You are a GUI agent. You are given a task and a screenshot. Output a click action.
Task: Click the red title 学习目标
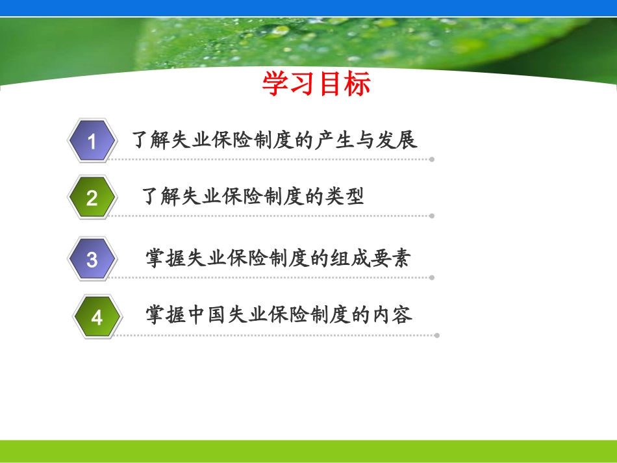(316, 83)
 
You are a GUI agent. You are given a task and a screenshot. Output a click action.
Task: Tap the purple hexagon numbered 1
(92, 140)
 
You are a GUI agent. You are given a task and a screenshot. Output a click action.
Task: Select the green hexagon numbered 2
(92, 197)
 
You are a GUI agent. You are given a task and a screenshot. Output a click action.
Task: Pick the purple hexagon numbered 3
(92, 259)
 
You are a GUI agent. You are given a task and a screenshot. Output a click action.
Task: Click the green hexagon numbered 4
(97, 317)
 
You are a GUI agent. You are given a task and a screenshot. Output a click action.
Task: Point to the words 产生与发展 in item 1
(366, 140)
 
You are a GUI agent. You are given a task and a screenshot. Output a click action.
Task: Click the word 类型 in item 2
(344, 196)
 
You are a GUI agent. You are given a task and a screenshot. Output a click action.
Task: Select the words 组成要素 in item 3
(370, 258)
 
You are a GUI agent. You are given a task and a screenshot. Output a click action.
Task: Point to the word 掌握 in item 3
(166, 258)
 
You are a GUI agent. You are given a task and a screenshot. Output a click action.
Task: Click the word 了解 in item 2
(161, 196)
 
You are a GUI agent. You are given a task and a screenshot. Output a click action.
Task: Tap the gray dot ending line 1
(432, 159)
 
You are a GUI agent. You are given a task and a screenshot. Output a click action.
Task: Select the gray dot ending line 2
(432, 216)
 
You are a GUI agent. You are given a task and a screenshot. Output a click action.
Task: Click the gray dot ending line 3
(432, 278)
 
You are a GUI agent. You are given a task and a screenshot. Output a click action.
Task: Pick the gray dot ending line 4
(437, 336)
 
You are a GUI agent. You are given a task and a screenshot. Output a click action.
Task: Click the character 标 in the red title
(357, 83)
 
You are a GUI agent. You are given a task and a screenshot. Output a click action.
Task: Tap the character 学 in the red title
(275, 83)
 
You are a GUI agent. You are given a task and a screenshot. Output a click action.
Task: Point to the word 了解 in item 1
(151, 140)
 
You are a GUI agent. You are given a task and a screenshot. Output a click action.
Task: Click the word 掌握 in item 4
(166, 315)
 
